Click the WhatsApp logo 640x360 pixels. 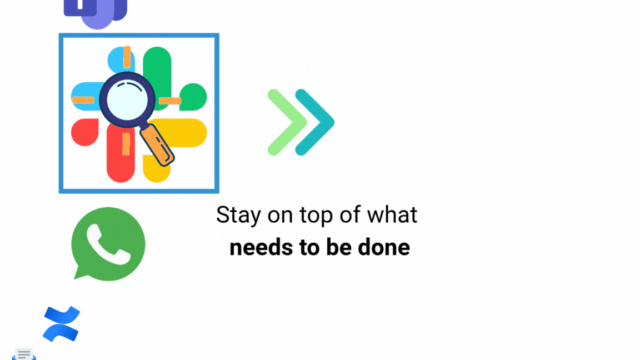coord(108,244)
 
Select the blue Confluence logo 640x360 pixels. coord(61,324)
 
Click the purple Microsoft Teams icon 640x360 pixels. coord(96,12)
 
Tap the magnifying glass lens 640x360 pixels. coord(127,99)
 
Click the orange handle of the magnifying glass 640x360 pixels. coord(158,146)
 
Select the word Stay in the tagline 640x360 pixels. coord(238,215)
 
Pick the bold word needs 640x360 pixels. coord(261,247)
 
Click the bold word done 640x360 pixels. coord(384,247)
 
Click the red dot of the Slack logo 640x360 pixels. coord(85,132)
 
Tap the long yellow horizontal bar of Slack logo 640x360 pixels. coord(179,133)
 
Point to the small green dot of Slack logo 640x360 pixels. coord(193,97)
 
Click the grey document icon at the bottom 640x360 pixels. coord(24,354)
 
